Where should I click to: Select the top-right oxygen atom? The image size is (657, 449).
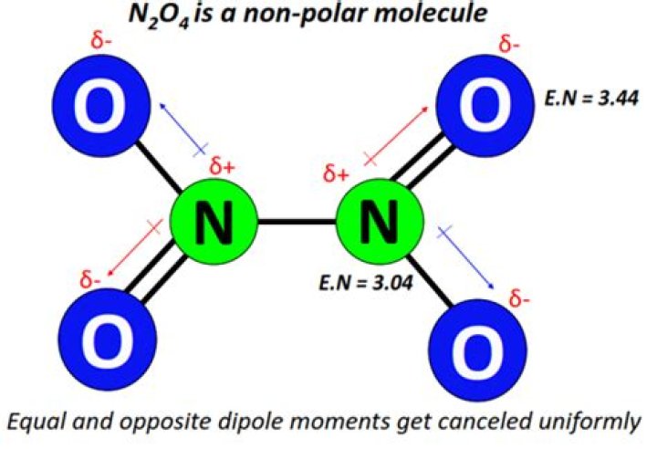[480, 108]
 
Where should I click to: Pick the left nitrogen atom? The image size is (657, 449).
[214, 224]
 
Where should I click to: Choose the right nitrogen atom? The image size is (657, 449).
[380, 224]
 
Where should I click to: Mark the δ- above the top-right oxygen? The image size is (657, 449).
[511, 43]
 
